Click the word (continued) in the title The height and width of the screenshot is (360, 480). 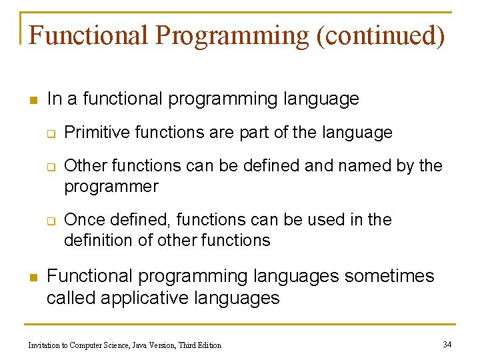[x=380, y=35]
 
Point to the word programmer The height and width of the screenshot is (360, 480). [x=111, y=187]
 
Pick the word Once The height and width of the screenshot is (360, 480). [x=83, y=220]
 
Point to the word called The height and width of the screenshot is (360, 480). [x=71, y=297]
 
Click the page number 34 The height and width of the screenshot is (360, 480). [x=447, y=344]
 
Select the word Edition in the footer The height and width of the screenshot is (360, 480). [x=207, y=345]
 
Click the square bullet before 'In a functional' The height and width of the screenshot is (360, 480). [x=31, y=101]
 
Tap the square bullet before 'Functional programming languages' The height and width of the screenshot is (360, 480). [x=31, y=277]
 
